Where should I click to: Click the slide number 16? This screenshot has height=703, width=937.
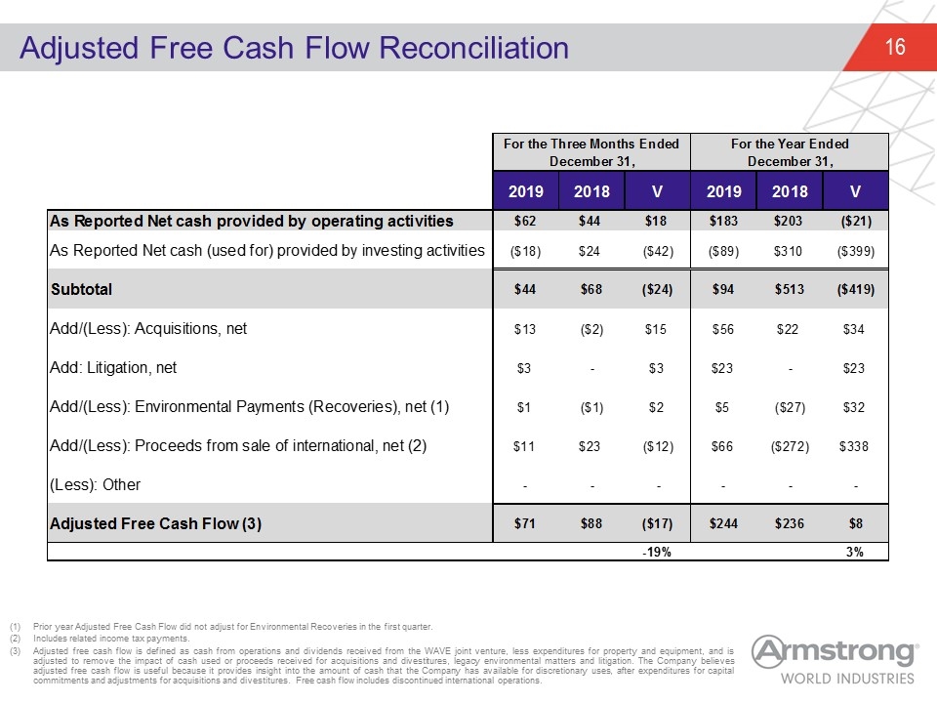pos(895,47)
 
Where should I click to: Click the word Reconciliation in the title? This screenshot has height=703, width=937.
pos(474,48)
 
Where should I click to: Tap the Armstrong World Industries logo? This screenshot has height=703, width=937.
pos(835,660)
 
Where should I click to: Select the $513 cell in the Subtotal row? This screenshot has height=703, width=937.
pos(790,289)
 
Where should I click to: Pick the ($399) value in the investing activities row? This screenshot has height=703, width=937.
pos(856,251)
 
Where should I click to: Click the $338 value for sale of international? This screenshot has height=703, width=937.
pos(853,446)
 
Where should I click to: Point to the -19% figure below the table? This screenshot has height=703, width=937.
pos(657,552)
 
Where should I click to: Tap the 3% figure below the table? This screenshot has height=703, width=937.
pos(855,552)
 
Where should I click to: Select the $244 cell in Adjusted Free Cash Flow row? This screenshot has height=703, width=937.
pos(723,523)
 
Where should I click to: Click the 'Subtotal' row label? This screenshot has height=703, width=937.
pos(81,289)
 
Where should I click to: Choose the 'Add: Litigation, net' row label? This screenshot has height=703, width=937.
pos(113,368)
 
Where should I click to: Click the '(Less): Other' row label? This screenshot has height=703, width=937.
pos(95,484)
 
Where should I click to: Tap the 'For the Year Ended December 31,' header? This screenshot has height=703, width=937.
pos(790,152)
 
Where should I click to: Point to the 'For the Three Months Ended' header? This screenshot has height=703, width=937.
pos(591,145)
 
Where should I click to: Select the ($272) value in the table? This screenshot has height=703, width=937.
pos(790,446)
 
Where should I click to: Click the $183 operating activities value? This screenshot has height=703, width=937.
pos(723,222)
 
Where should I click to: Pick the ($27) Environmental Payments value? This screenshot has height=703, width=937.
pos(790,407)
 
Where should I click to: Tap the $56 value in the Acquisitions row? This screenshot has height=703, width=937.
pos(723,329)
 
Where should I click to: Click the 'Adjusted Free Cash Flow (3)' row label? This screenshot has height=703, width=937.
pos(155,523)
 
